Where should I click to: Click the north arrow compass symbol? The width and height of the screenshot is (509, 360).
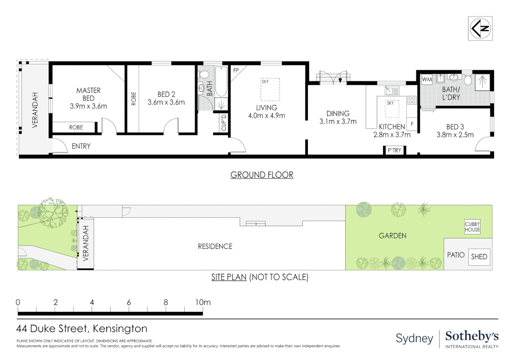480,29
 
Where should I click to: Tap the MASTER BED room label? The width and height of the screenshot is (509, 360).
88,94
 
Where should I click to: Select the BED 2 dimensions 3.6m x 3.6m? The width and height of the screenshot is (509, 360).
166,103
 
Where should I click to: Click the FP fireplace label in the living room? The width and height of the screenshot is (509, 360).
236,70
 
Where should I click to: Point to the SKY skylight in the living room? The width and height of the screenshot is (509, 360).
270,89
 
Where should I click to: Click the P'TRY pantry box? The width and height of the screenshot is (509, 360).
394,150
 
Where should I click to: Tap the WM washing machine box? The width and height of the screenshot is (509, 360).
427,79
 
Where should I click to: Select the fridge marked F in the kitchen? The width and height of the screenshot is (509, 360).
412,124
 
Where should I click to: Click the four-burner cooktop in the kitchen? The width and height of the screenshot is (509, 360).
412,100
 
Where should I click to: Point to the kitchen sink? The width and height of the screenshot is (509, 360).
392,90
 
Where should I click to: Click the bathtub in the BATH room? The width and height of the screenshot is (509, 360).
221,82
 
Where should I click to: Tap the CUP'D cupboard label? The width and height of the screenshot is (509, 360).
224,123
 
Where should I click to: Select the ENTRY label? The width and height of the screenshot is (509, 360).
81,146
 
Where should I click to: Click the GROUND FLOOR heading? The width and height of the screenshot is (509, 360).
262,175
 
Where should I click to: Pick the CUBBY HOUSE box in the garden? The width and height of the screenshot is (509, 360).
472,227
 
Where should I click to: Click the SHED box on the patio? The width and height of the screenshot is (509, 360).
479,257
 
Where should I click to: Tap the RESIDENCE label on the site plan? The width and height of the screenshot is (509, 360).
215,246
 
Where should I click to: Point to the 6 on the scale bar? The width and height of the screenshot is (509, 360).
129,302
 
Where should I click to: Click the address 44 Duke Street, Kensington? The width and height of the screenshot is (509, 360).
82,329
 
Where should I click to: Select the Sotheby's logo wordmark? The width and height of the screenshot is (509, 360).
472,336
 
